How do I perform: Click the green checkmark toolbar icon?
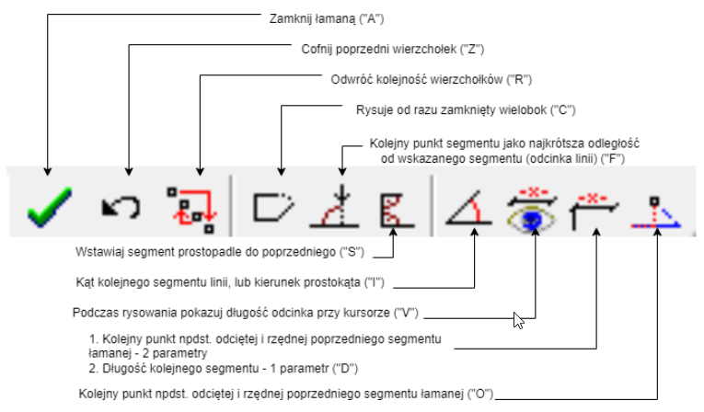(46, 206)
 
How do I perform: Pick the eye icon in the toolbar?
(531, 208)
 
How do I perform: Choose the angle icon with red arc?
(468, 208)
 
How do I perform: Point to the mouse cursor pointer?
(518, 319)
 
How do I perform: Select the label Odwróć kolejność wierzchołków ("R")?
(432, 79)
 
